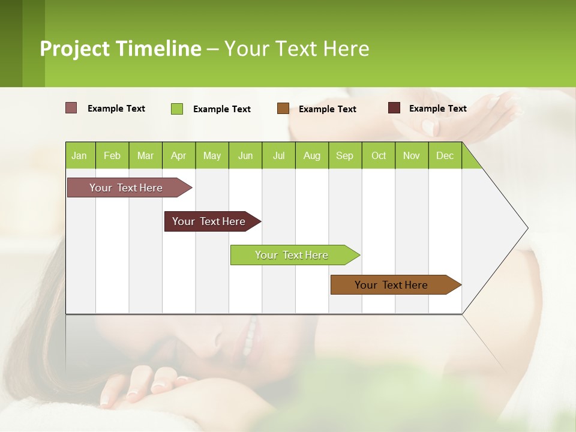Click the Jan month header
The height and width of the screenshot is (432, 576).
(80, 155)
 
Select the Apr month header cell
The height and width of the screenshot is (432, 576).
(179, 155)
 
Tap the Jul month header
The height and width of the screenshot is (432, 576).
(278, 155)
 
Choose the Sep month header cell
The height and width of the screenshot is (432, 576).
(344, 155)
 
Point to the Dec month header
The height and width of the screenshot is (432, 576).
(445, 155)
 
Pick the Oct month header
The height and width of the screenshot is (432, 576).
(379, 155)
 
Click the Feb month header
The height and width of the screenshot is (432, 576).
(112, 155)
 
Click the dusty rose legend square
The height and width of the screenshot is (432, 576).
(71, 108)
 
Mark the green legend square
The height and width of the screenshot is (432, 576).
(177, 109)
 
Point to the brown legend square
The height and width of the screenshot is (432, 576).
(283, 109)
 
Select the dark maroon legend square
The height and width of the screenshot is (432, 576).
(394, 108)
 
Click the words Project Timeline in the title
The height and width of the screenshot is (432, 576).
(121, 49)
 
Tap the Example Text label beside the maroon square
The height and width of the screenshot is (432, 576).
(437, 109)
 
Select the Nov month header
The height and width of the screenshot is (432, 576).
(412, 155)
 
